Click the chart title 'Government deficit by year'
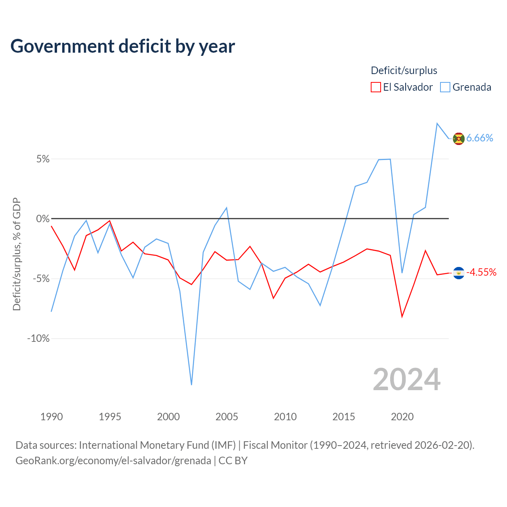122,47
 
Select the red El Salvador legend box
375,87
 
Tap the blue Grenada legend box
445,87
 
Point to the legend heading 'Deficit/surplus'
404,71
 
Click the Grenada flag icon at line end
459,139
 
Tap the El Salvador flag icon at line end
459,273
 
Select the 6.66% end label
480,138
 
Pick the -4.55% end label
481,272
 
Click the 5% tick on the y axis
43,159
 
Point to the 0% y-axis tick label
43,219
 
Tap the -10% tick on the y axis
38,338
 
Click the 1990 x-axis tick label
51,417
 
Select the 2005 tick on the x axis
227,417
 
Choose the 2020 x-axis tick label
402,417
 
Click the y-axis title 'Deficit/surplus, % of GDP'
17,254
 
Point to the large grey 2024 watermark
406,380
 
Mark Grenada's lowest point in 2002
191,385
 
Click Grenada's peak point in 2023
437,123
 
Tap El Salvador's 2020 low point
402,317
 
